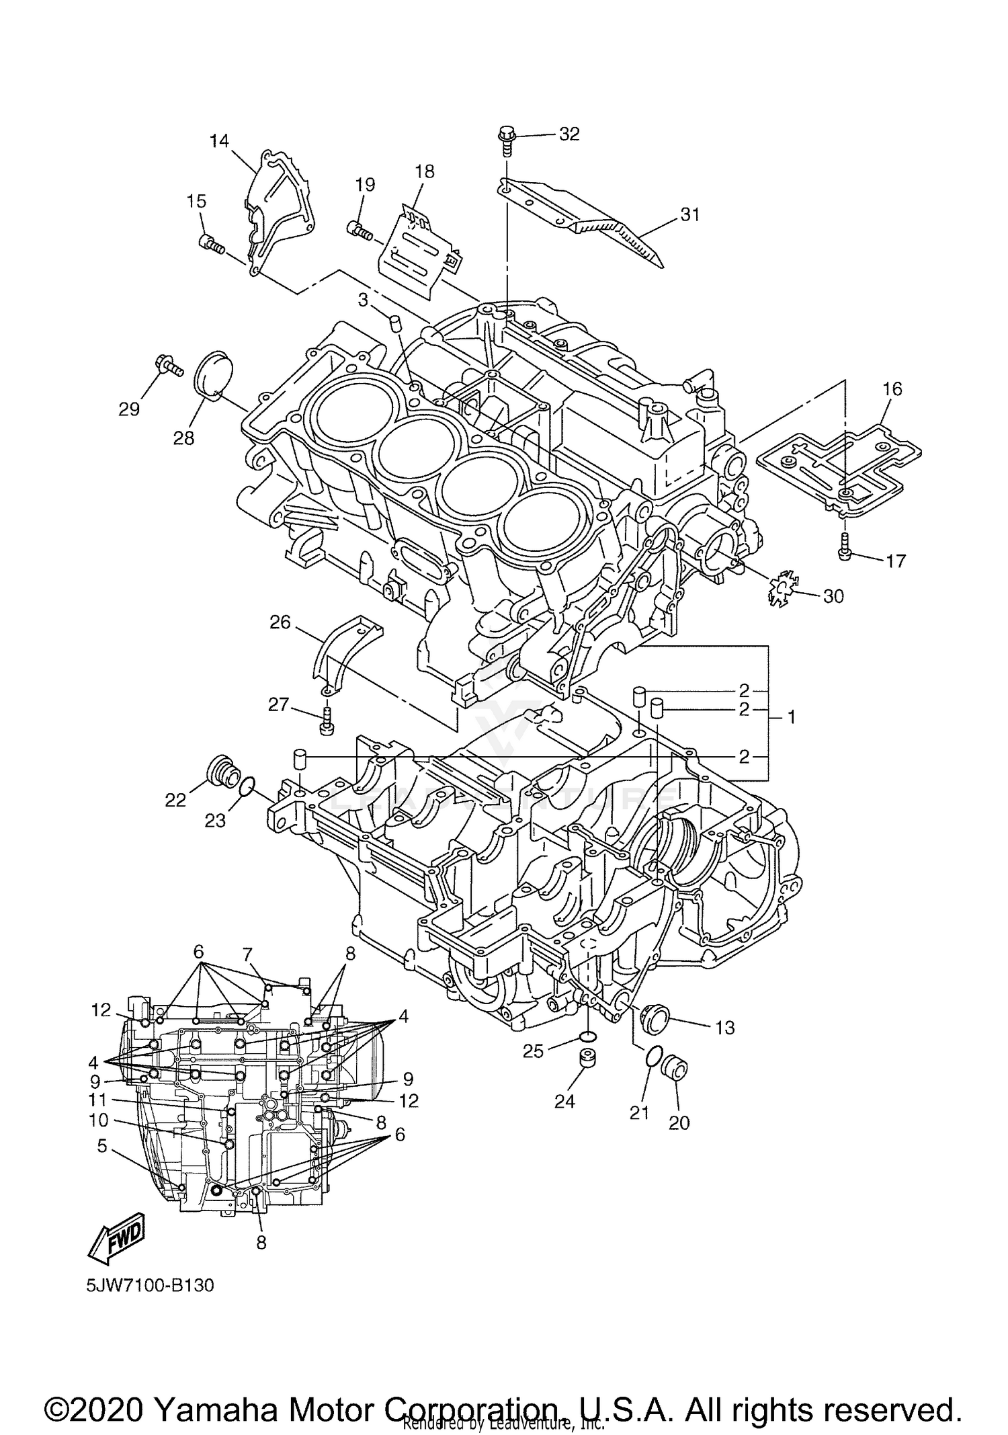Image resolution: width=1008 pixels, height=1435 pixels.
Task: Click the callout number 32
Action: coord(569,134)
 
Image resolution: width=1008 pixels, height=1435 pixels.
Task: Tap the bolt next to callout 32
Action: coord(505,140)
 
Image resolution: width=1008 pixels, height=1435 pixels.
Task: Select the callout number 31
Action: coord(690,215)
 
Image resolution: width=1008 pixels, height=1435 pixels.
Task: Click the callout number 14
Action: coord(219,141)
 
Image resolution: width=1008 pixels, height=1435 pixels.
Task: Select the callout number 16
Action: coord(892,389)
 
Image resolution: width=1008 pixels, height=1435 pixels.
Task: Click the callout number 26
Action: coord(280,622)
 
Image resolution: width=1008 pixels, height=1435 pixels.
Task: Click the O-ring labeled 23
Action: coord(247,784)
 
